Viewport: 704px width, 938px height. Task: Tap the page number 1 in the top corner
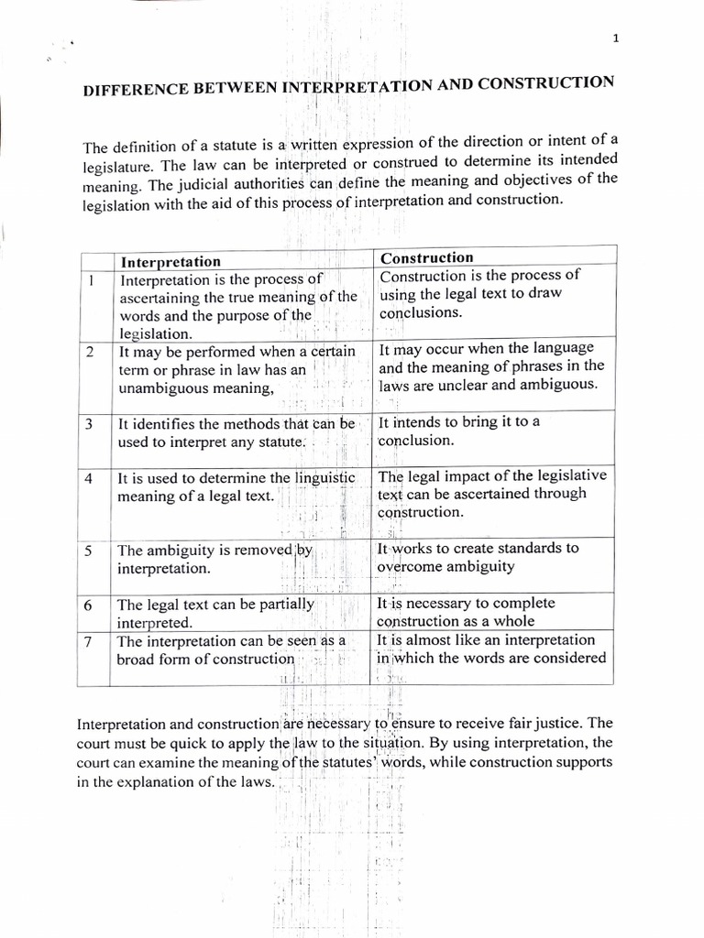click(x=616, y=38)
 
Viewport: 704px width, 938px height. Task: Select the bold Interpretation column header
click(x=171, y=262)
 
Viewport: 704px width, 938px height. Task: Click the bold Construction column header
click(x=426, y=258)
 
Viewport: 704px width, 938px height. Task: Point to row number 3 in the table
click(x=90, y=424)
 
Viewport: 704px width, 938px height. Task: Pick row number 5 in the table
click(x=89, y=551)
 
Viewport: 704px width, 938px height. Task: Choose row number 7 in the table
click(x=89, y=641)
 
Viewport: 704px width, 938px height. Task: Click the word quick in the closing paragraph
click(x=199, y=743)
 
